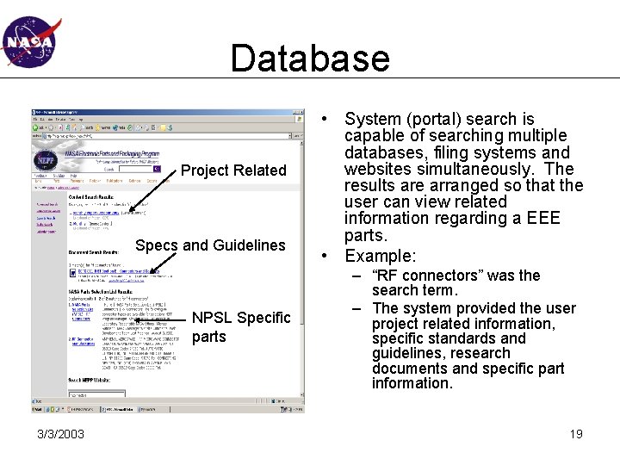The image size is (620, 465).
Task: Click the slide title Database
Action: (310, 59)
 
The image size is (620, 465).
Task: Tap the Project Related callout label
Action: (232, 170)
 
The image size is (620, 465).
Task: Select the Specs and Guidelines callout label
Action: (210, 245)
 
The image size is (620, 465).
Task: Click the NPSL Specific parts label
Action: (240, 327)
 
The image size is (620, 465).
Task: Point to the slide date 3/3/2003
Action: (60, 434)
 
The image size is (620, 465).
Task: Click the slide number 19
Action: (575, 434)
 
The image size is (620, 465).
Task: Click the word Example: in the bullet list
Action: (380, 256)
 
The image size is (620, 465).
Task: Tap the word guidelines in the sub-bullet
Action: (408, 352)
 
